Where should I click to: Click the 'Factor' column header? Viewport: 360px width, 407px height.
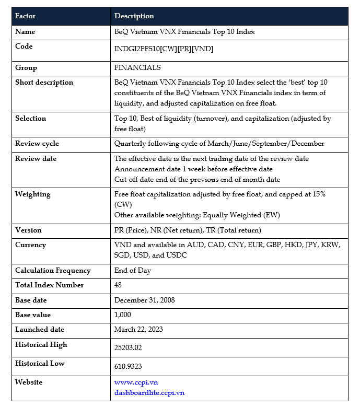tap(26, 16)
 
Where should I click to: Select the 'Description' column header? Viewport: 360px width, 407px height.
tap(134, 16)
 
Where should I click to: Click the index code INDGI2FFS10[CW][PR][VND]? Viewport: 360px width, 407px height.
tap(164, 49)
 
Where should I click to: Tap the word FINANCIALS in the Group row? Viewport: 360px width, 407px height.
tap(137, 67)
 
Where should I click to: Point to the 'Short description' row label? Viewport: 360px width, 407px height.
tap(44, 83)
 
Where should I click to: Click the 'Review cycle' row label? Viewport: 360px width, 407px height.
tap(37, 143)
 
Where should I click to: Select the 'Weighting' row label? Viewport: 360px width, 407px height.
tap(33, 194)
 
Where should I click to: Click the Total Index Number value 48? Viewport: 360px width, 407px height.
tap(119, 285)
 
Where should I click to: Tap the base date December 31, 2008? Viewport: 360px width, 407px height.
tap(145, 300)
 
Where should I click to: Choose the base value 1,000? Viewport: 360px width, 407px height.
tap(123, 315)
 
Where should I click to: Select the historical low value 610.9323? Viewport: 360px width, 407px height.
tap(129, 366)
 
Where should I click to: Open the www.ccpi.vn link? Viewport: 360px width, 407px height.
tap(135, 382)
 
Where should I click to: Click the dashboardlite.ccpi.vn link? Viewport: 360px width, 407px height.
tap(149, 393)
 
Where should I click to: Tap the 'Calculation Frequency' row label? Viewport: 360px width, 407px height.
tap(53, 271)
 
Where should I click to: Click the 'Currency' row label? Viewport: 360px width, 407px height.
tap(30, 245)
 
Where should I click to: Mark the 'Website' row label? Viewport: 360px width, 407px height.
tap(29, 382)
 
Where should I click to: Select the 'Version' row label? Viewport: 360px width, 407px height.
tap(28, 230)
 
